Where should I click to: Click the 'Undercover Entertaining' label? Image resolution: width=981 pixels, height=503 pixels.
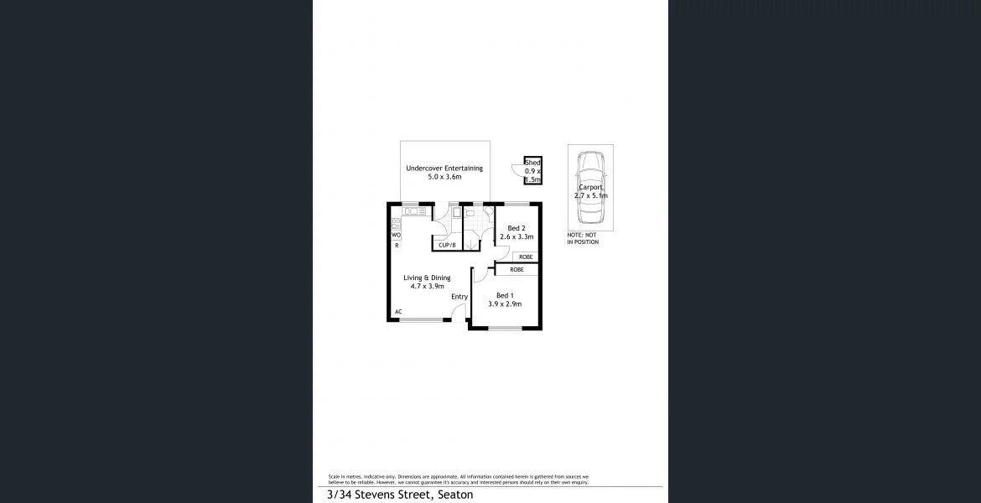tap(444, 169)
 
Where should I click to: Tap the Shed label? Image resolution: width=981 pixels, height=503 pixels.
tap(532, 163)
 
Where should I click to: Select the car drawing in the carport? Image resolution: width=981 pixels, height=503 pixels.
tap(590, 188)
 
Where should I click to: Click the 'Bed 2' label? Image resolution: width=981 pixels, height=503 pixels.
tap(516, 228)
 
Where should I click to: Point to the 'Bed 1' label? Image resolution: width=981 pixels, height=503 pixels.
tap(504, 295)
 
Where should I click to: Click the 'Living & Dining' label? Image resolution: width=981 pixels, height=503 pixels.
tap(427, 277)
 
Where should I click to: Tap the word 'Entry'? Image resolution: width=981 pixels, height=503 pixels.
tap(459, 297)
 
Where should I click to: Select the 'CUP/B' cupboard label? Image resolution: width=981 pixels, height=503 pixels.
tap(447, 245)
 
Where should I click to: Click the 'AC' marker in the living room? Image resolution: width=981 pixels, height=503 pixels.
tap(398, 312)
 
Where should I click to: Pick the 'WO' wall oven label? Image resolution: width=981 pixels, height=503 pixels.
tap(396, 236)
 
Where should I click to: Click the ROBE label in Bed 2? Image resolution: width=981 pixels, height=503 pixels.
tap(525, 257)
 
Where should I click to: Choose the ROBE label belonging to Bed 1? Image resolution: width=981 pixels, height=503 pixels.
tap(516, 270)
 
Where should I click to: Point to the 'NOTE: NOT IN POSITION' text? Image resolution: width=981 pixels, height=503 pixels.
tap(583, 239)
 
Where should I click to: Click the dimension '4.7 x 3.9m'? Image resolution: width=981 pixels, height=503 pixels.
tap(427, 287)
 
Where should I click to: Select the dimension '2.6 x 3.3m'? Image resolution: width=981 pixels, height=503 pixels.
tap(516, 237)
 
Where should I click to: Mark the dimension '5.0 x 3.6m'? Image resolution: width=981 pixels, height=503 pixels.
tap(444, 178)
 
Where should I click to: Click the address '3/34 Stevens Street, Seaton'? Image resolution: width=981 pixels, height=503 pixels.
tap(400, 495)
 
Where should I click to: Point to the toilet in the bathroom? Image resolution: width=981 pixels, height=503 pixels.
tap(470, 215)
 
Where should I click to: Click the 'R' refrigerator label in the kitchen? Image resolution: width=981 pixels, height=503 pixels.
tap(397, 246)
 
